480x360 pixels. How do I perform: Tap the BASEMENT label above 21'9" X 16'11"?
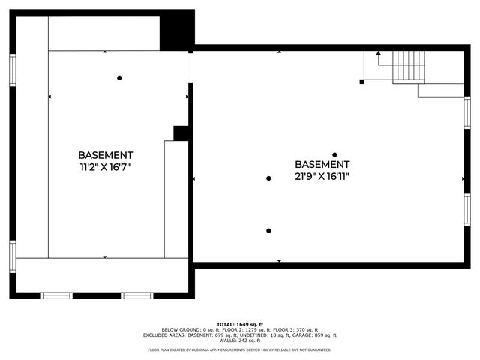point(322,164)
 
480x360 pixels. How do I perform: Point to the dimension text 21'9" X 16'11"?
point(322,177)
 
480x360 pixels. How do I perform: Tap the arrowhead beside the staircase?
point(379,54)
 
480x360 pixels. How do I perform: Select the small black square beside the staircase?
point(362,81)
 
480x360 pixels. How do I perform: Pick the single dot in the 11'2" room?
point(119,77)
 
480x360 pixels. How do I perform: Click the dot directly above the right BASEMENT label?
point(334,155)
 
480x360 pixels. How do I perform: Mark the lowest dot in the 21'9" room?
point(268,231)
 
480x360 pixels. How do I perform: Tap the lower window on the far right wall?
point(467,210)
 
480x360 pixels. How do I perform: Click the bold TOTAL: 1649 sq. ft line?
point(239,324)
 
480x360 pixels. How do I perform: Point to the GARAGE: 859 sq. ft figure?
point(317,335)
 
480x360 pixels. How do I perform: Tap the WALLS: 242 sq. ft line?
point(239,340)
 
